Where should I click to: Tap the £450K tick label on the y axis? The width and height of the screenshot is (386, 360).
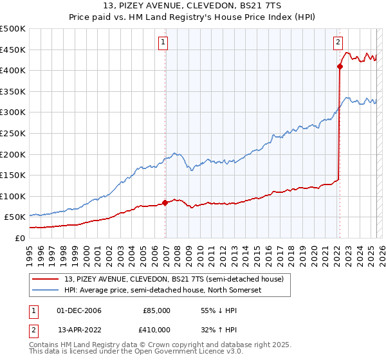coord(13,50)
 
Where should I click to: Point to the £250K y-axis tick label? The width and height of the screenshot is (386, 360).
coord(13,134)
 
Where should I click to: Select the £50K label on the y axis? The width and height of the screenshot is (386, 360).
coord(15,217)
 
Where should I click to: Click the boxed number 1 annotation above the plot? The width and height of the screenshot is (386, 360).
coord(163,43)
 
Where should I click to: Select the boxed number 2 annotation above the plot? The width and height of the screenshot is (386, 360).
coord(338,43)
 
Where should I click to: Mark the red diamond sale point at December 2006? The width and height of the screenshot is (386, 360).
coord(165,203)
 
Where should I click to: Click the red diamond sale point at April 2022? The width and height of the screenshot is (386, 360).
coord(339,66)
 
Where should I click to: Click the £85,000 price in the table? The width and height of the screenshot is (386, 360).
coord(156,310)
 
